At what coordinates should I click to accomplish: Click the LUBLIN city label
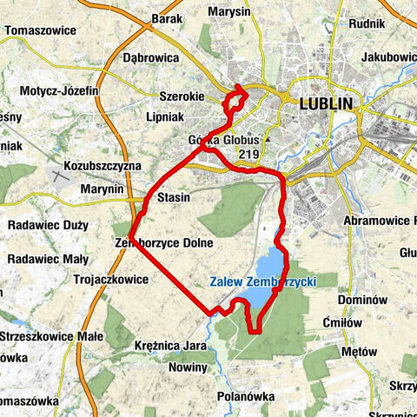[326, 103]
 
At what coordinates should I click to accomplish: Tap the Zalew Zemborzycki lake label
[261, 281]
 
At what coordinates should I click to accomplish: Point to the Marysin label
[229, 12]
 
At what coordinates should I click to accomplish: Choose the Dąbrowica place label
[150, 57]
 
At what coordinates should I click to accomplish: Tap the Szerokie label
[180, 98]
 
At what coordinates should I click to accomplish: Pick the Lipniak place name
[162, 116]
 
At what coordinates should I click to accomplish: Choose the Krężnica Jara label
[170, 346]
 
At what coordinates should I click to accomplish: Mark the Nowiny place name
[187, 367]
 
